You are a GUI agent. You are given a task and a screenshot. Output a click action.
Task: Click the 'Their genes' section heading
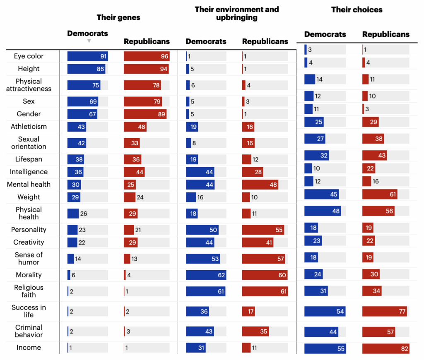[118, 17]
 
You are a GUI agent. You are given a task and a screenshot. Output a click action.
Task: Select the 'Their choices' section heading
[357, 10]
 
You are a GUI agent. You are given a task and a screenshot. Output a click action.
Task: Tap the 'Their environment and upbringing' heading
[237, 13]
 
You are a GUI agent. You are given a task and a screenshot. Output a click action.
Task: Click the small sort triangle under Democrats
[89, 41]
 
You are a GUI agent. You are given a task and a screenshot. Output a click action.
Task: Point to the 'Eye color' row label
[29, 56]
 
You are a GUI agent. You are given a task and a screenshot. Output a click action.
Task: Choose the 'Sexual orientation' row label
[29, 143]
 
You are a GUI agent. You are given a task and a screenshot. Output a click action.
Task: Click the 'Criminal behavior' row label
[29, 331]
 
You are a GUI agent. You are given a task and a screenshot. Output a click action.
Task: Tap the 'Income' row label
[29, 348]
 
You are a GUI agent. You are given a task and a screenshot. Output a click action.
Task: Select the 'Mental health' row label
[29, 185]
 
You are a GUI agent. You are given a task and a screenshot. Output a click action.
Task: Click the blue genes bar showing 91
[87, 57]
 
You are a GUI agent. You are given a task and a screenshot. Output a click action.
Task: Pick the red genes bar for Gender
[145, 114]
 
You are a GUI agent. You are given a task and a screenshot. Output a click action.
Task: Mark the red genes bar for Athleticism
[135, 127]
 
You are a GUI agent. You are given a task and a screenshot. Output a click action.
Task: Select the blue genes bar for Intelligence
[75, 172]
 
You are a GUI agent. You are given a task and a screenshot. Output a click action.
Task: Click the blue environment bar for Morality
[206, 275]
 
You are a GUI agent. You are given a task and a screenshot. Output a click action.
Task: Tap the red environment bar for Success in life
[248, 311]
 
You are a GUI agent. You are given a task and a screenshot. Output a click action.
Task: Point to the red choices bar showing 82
[385, 349]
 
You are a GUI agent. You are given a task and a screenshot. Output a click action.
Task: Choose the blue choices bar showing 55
[325, 349]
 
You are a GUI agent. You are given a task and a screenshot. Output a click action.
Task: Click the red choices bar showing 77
[384, 312]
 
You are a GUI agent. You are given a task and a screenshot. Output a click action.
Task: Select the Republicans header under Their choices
[386, 34]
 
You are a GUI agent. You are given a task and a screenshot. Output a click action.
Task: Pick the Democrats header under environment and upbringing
[206, 41]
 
